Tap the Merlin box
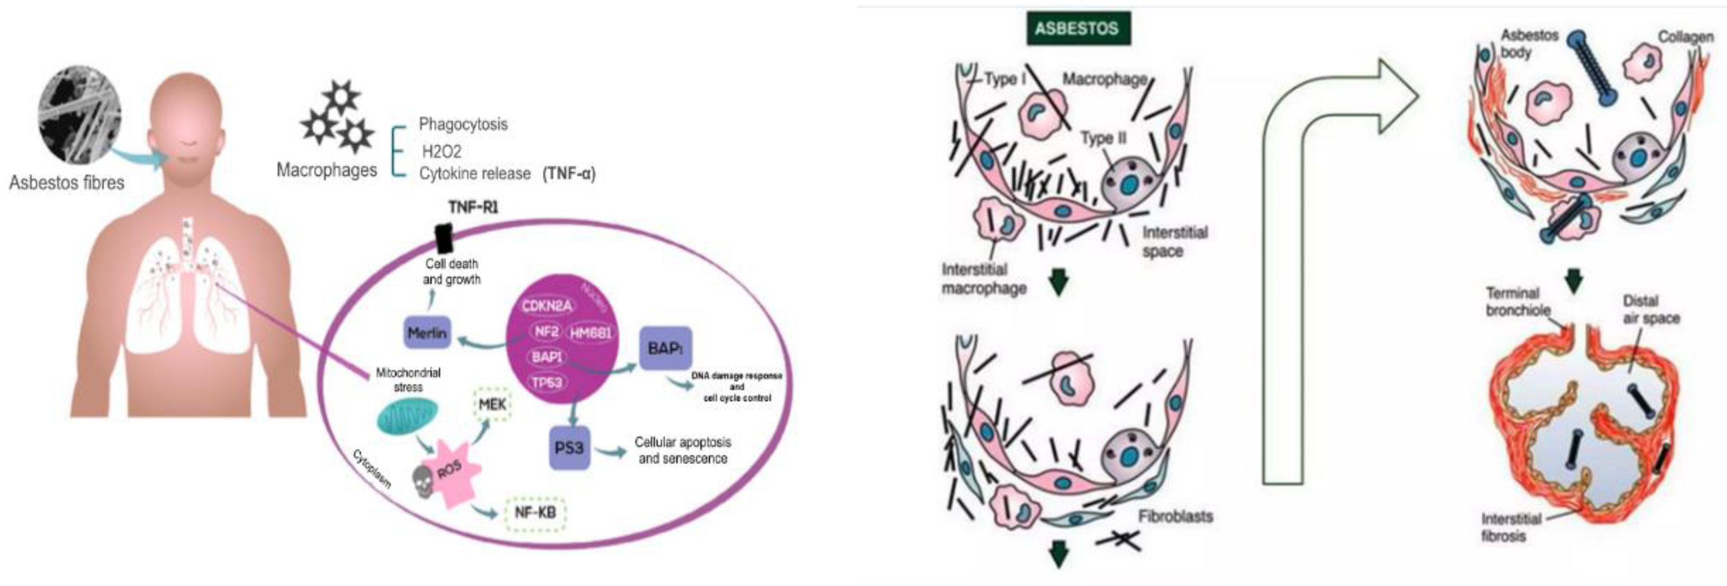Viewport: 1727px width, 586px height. (x=427, y=333)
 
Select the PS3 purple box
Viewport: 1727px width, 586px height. (x=569, y=447)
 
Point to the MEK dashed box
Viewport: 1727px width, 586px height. (x=492, y=405)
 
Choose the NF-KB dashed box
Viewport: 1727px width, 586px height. (x=534, y=513)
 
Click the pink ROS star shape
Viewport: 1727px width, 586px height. (x=453, y=473)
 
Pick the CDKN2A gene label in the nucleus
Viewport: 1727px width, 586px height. (x=547, y=306)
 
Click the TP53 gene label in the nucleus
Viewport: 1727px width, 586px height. (x=547, y=382)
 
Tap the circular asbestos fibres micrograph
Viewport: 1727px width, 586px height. (x=80, y=119)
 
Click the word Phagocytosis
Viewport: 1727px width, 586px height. (x=462, y=124)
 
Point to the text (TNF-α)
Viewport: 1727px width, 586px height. (x=569, y=174)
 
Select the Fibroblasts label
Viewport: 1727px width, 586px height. (x=1175, y=516)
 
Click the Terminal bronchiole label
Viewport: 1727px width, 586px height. (x=1518, y=302)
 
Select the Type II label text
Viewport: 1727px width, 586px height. (x=1103, y=138)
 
